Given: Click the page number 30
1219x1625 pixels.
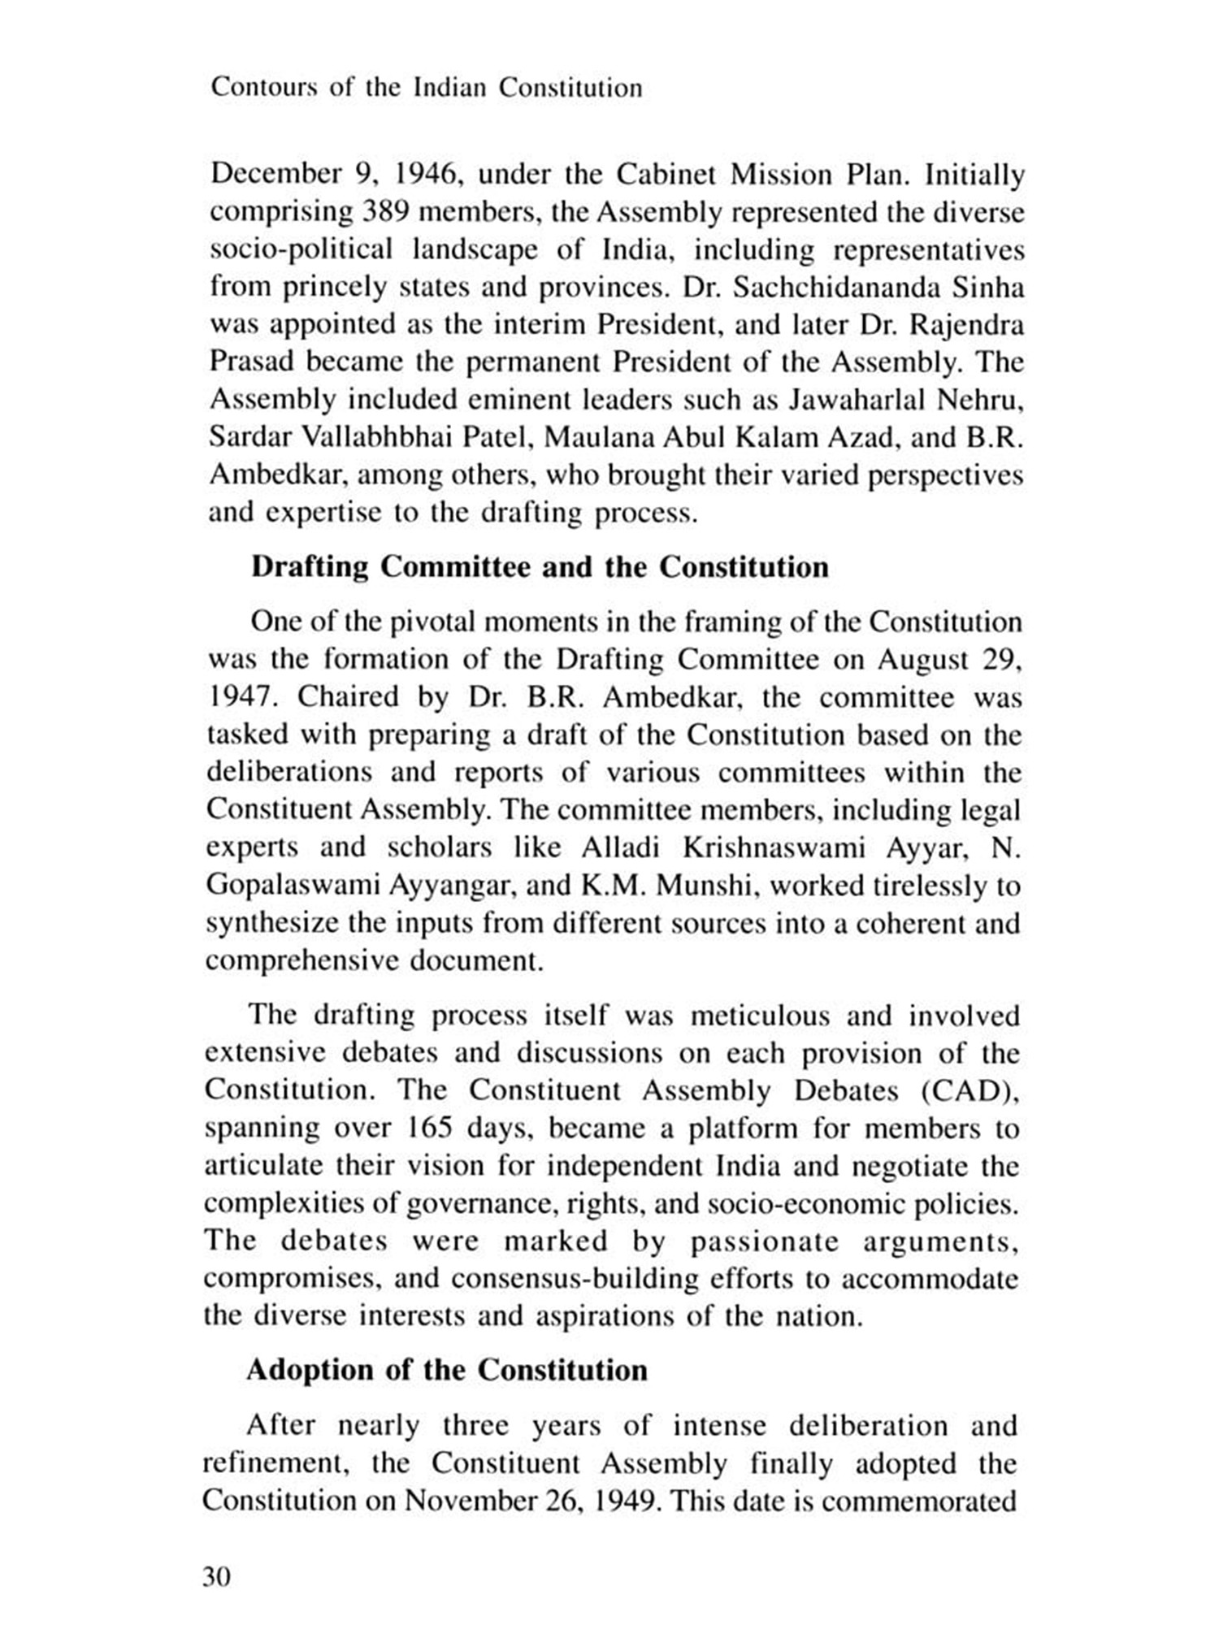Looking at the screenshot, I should [217, 1577].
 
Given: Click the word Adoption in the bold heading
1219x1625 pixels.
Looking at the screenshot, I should [309, 1370].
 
